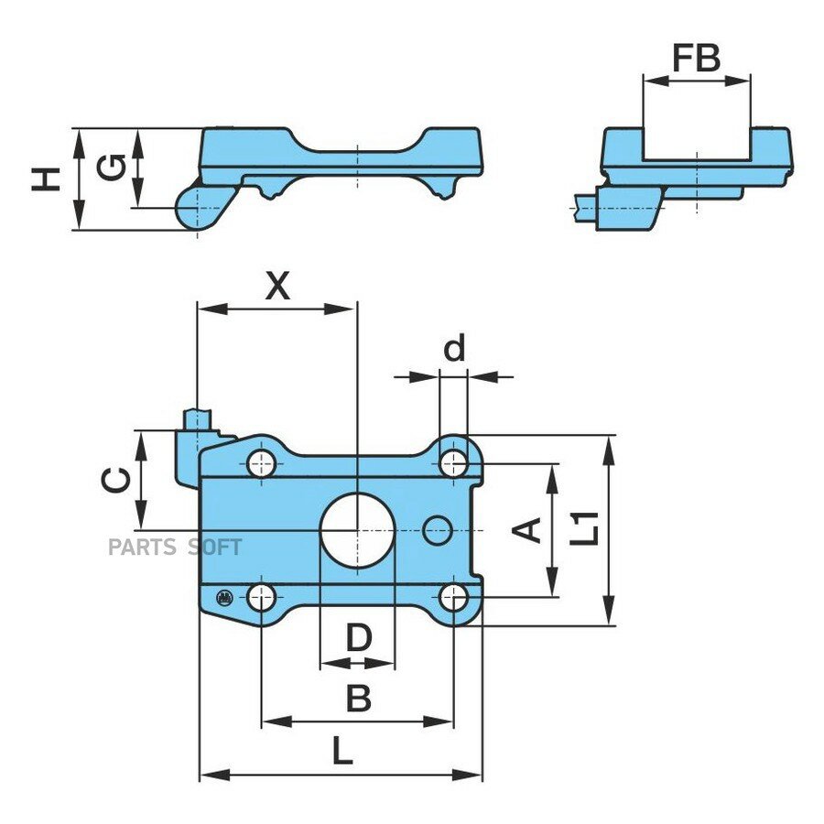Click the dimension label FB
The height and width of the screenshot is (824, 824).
pyautogui.click(x=697, y=59)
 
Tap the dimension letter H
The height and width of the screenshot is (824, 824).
pyautogui.click(x=46, y=179)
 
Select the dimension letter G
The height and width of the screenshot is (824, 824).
pyautogui.click(x=112, y=168)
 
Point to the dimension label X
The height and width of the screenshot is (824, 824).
pyautogui.click(x=277, y=286)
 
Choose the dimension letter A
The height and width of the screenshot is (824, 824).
pyautogui.click(x=526, y=530)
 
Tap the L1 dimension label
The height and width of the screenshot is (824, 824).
pyautogui.click(x=584, y=528)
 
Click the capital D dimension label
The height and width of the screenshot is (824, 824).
pyautogui.click(x=359, y=637)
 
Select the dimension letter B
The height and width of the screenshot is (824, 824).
pyautogui.click(x=359, y=698)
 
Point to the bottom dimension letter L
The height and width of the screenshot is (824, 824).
pyautogui.click(x=342, y=751)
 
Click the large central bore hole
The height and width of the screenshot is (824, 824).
pyautogui.click(x=357, y=530)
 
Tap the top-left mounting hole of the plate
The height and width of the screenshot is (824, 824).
pyautogui.click(x=261, y=463)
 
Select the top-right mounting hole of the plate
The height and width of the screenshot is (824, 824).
pyautogui.click(x=454, y=463)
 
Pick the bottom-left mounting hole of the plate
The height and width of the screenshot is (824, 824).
pyautogui.click(x=261, y=598)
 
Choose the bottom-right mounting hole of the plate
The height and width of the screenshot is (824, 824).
pyautogui.click(x=454, y=598)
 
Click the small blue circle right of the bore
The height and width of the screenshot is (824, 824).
pyautogui.click(x=438, y=530)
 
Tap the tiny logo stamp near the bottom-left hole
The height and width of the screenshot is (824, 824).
pyautogui.click(x=224, y=597)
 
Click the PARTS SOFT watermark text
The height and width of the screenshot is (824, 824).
pyautogui.click(x=175, y=548)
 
